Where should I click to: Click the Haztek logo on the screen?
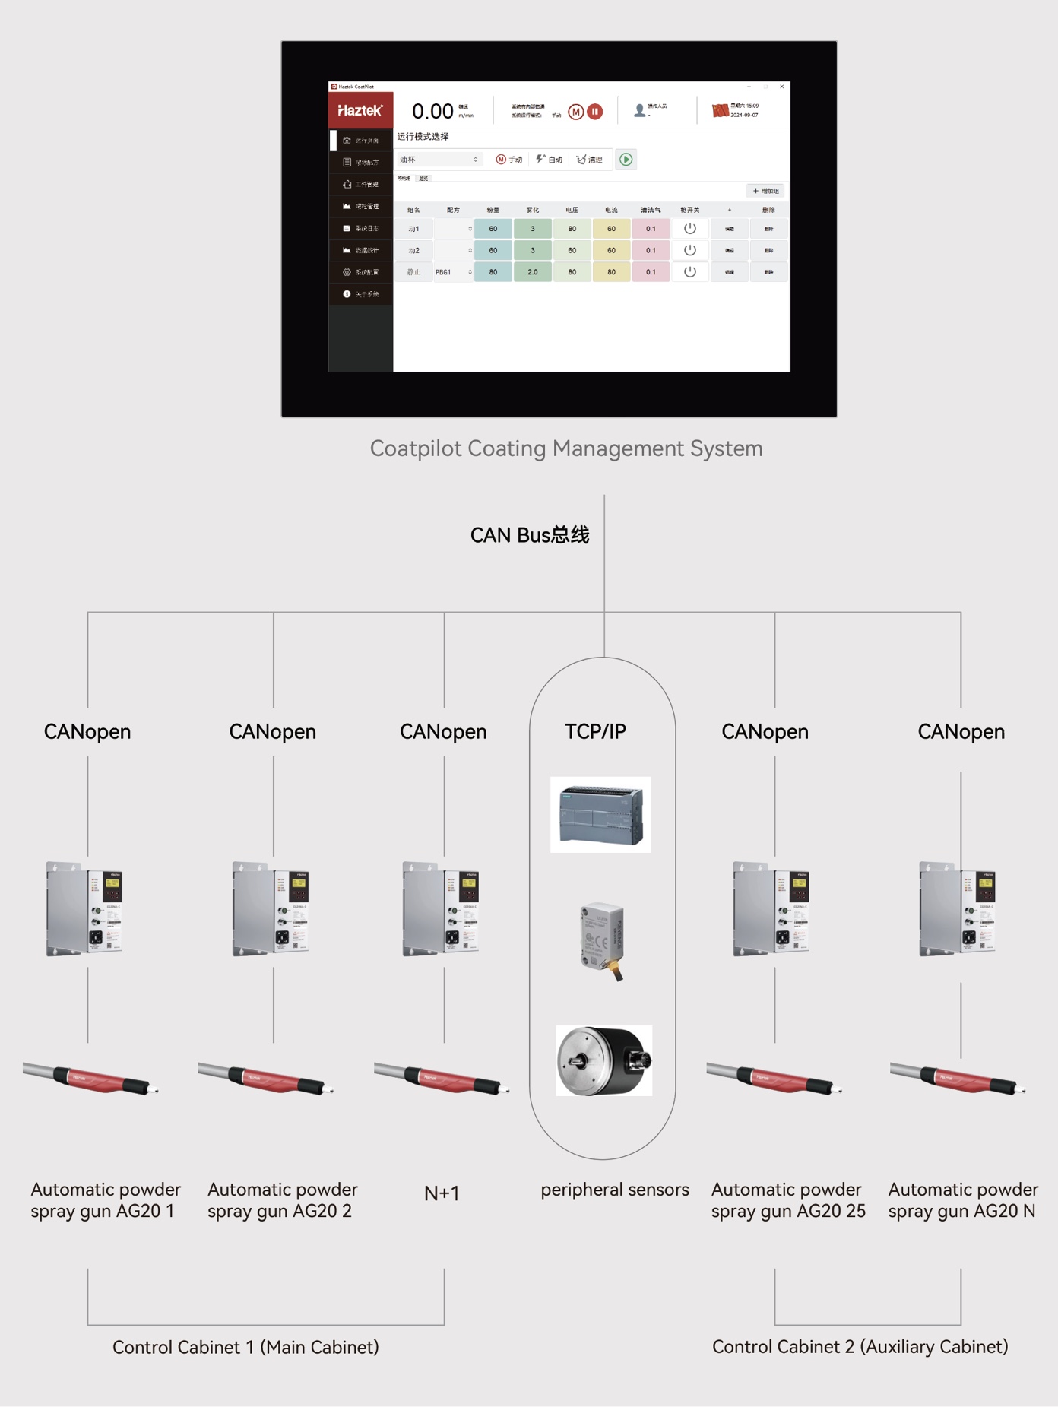tap(360, 111)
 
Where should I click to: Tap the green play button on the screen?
tap(626, 160)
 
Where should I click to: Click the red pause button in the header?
tap(595, 112)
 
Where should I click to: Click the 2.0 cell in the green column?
tap(533, 272)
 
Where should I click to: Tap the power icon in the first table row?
tap(689, 229)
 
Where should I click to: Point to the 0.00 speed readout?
tap(432, 112)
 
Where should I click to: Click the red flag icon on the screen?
tap(719, 111)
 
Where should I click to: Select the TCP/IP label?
tap(595, 731)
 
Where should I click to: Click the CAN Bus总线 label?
tap(530, 535)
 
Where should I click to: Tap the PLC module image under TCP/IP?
tap(600, 815)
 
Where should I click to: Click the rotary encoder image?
tap(604, 1060)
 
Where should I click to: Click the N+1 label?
tap(442, 1193)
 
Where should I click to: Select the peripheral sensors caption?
tap(615, 1190)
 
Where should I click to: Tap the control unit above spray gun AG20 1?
tap(84, 909)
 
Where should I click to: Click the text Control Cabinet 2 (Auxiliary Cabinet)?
tap(860, 1347)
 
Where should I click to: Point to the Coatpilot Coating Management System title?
tap(566, 448)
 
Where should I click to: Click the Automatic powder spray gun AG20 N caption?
tap(962, 1200)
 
